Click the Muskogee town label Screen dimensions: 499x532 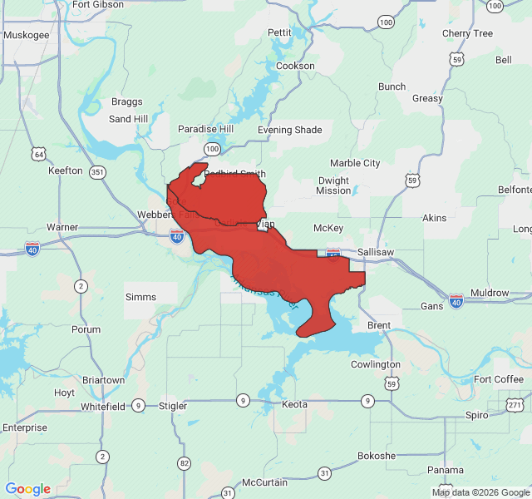[27, 35]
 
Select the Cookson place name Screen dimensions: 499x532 [295, 66]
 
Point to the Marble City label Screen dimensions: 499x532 [355, 163]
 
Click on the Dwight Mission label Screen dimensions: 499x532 [333, 185]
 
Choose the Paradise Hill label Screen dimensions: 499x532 [205, 129]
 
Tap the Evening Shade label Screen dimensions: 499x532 [289, 130]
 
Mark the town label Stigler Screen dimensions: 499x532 [173, 406]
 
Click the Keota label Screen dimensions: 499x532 [294, 404]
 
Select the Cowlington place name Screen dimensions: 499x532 [375, 364]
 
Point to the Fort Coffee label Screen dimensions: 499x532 [499, 379]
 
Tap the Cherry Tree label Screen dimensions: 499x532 [467, 33]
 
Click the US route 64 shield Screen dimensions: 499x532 [38, 154]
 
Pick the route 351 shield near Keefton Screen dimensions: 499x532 [98, 172]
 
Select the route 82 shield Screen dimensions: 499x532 [184, 463]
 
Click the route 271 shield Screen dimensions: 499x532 [515, 404]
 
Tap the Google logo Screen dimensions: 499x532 [27, 489]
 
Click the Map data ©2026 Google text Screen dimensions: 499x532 [480, 492]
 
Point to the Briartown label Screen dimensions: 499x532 [103, 380]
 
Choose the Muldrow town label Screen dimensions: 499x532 [490, 293]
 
